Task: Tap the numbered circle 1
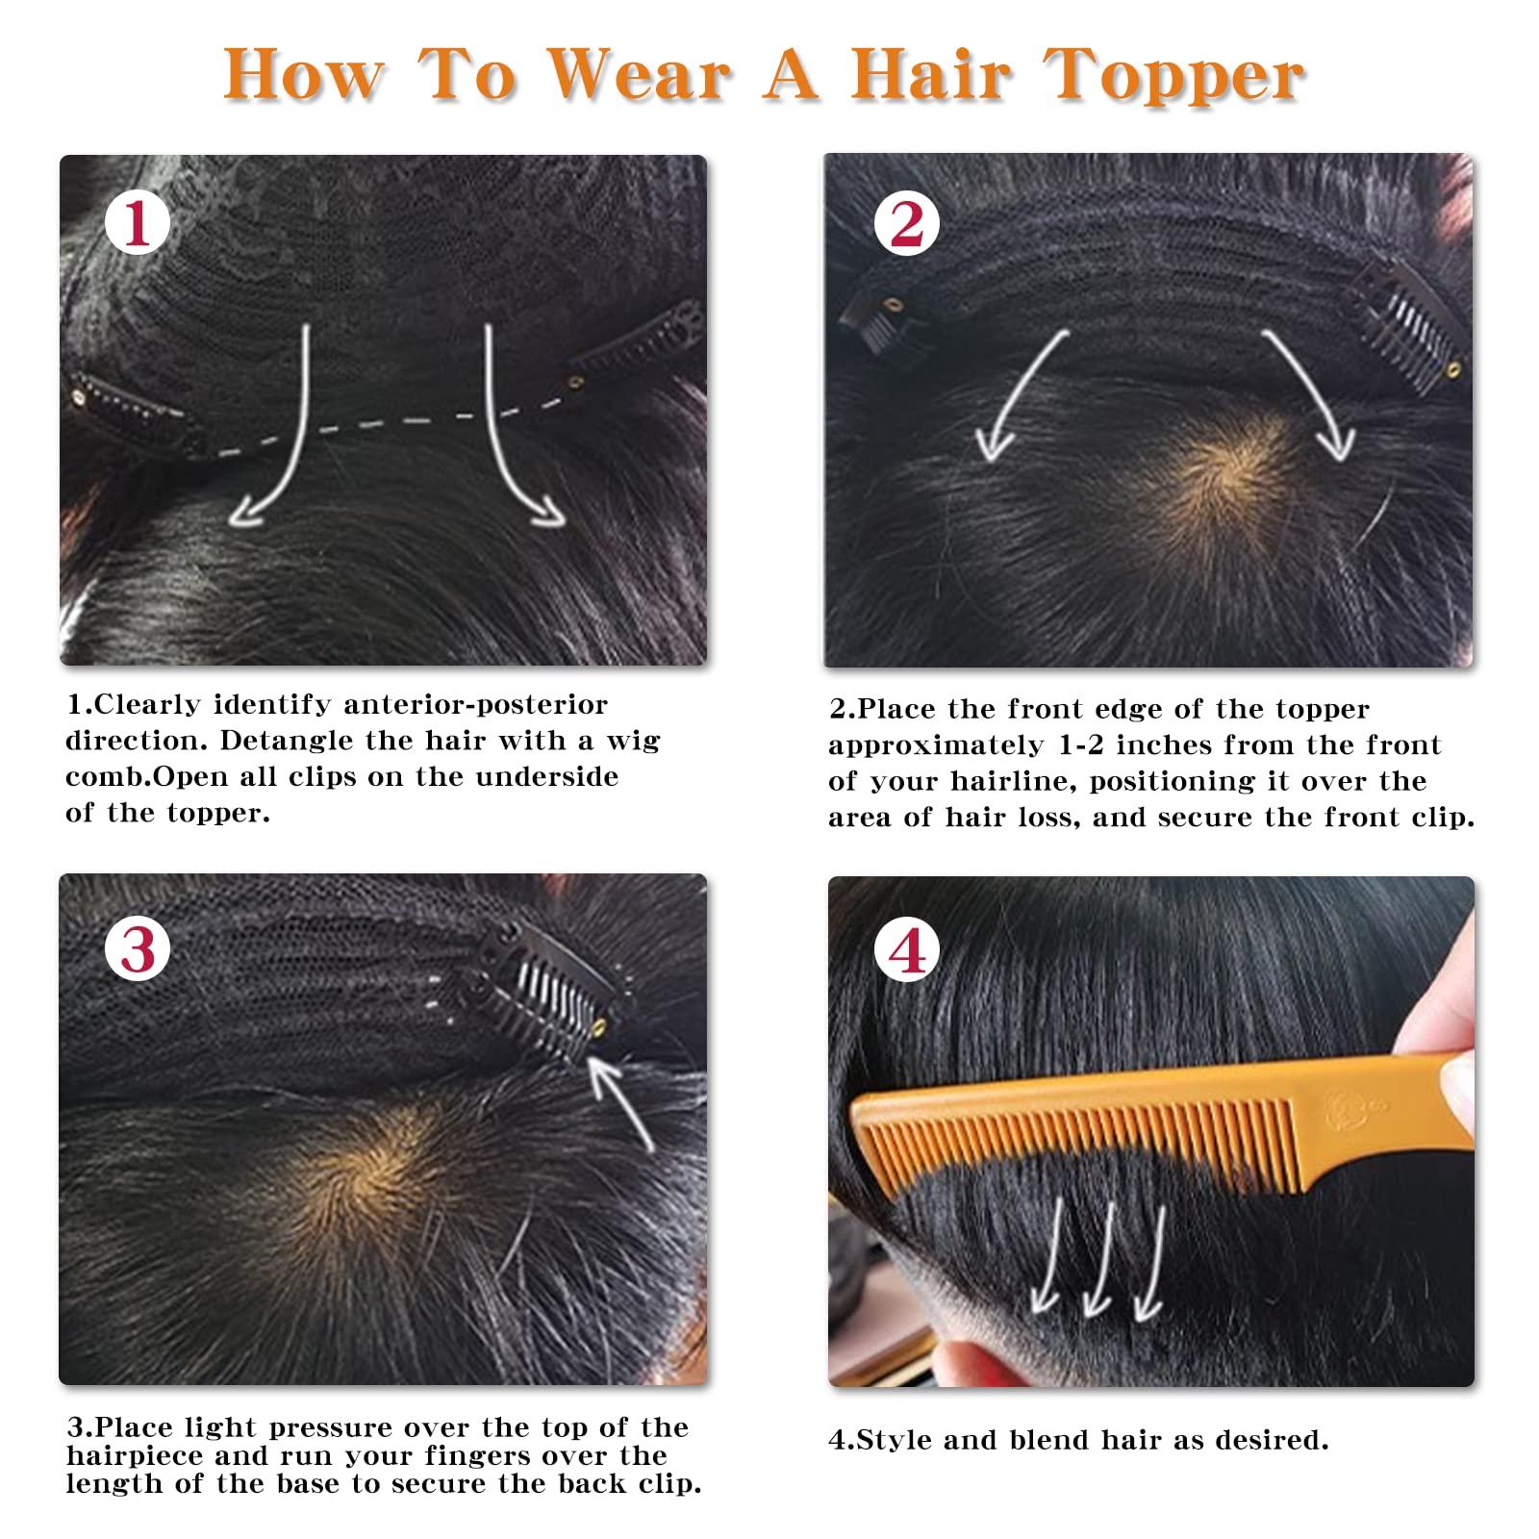click(137, 224)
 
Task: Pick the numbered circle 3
click(138, 950)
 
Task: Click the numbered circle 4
click(907, 952)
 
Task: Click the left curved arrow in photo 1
click(279, 433)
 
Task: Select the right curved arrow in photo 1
click(515, 433)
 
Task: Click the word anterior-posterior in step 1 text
click(476, 705)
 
